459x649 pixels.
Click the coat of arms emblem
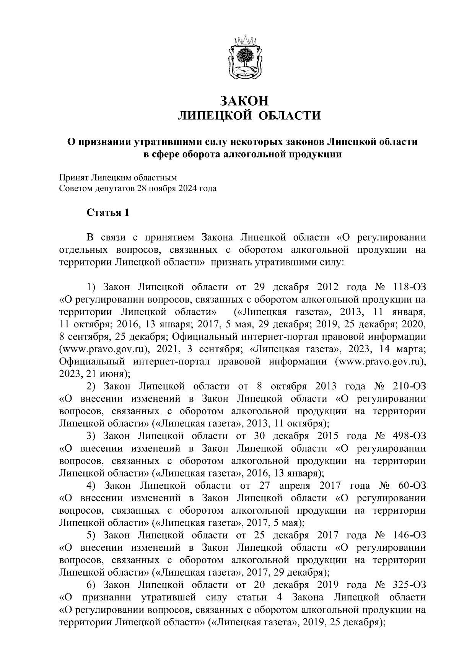click(244, 57)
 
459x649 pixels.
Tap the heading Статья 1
click(107, 212)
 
